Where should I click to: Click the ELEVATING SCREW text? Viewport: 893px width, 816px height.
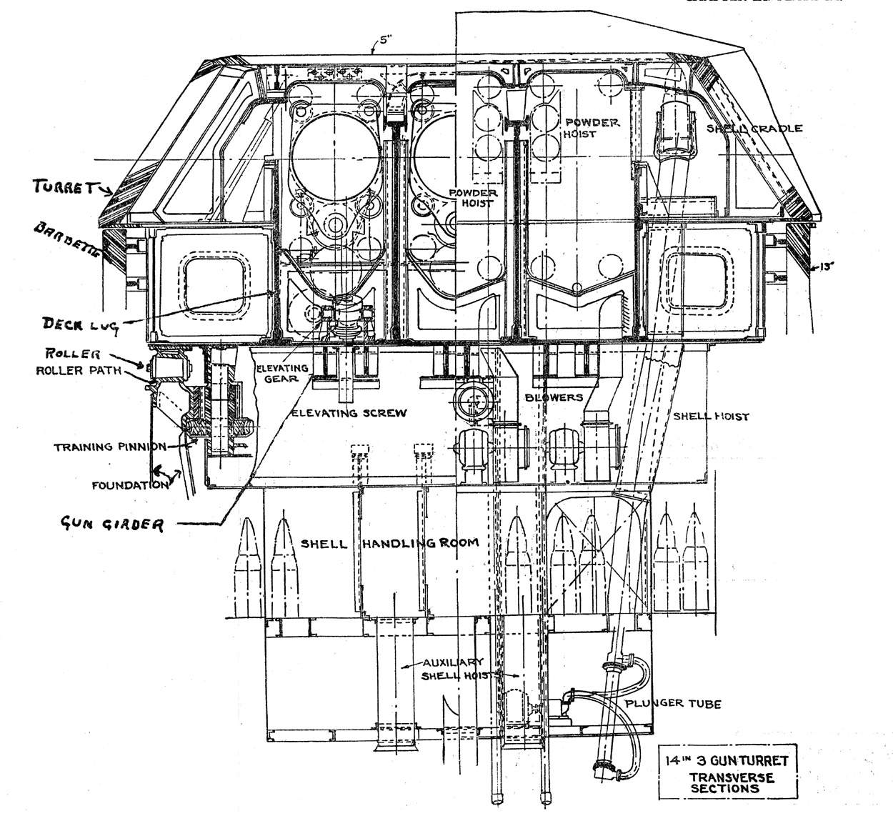(349, 413)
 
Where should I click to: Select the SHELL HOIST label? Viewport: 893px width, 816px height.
(709, 417)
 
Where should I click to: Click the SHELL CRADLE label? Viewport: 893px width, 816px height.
(754, 129)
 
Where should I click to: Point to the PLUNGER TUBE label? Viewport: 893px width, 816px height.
(673, 704)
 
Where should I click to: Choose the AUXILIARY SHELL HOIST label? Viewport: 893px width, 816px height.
(454, 668)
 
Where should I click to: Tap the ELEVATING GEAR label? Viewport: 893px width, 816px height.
(282, 372)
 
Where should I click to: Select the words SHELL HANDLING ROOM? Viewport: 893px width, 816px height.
(389, 544)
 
